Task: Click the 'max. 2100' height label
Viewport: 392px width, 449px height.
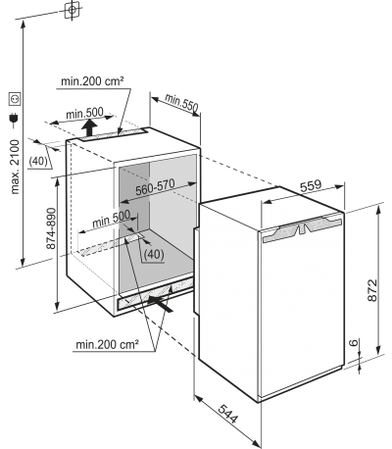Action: (x=16, y=167)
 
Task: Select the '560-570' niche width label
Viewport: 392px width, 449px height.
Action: (x=155, y=187)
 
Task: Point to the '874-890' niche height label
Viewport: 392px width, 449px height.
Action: (x=51, y=228)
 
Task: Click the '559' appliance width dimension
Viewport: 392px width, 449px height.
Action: (x=311, y=186)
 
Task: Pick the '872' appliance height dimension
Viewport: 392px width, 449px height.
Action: (x=372, y=290)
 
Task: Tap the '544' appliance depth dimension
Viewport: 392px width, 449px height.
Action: (x=228, y=414)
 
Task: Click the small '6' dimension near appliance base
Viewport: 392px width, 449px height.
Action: (x=353, y=343)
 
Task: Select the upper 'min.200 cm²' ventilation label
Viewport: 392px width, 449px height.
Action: (x=92, y=81)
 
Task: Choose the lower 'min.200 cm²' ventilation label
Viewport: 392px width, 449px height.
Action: (x=108, y=344)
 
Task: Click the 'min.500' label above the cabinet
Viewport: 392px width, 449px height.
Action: (x=84, y=113)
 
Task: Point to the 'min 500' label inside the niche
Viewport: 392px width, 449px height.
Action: (x=111, y=219)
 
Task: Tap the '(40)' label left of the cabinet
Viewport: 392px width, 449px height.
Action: (x=38, y=162)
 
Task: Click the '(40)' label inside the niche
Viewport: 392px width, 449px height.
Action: (x=154, y=254)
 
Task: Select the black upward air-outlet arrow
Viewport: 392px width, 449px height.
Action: (x=88, y=127)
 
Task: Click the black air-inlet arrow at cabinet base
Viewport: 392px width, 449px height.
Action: (x=161, y=303)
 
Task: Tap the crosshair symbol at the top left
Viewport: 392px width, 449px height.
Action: (x=72, y=10)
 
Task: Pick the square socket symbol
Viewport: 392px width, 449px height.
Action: (x=15, y=99)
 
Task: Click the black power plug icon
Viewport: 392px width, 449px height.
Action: (x=14, y=120)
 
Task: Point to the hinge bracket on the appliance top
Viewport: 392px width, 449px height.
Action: (x=303, y=226)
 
